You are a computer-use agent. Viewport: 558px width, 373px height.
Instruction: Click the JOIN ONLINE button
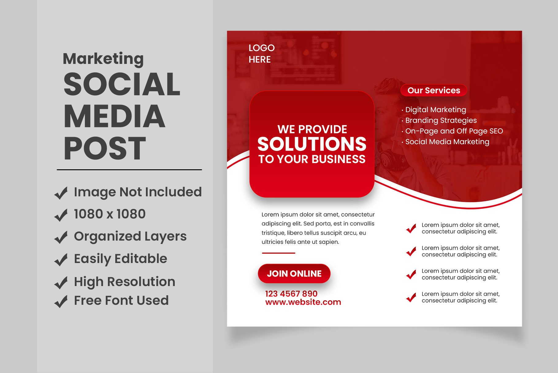(294, 273)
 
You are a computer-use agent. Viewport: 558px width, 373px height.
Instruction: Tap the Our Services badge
(434, 90)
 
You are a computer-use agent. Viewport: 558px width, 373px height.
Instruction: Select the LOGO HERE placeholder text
(262, 53)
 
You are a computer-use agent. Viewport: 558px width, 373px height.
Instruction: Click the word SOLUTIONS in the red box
(312, 144)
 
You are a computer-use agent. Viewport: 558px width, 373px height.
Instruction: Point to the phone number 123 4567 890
(291, 294)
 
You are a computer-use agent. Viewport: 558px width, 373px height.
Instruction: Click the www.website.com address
(303, 302)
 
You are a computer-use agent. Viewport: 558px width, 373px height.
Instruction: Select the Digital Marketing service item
(435, 110)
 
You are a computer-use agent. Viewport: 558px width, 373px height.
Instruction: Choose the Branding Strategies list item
(441, 120)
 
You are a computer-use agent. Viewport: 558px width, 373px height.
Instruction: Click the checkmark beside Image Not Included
(61, 193)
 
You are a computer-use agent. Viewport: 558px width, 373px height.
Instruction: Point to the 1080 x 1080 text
(110, 214)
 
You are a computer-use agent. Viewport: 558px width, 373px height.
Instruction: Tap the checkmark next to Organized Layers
(61, 237)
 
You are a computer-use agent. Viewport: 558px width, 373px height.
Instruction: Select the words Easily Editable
(120, 259)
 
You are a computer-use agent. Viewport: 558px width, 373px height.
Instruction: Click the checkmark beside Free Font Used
(61, 301)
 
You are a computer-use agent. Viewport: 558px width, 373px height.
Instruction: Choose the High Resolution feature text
(124, 282)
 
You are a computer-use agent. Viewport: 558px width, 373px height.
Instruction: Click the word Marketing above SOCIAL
(103, 59)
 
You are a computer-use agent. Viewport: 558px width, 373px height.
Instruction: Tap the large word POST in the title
(105, 148)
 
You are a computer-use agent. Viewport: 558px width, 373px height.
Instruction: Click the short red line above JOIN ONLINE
(278, 253)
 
